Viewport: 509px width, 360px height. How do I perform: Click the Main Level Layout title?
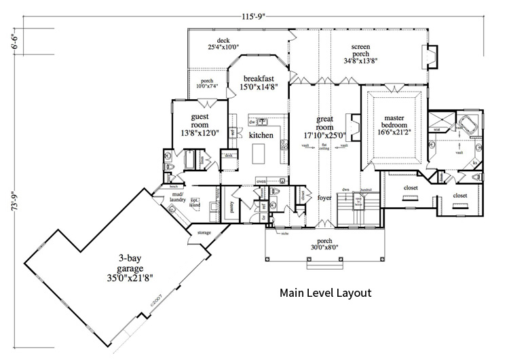[x=326, y=294]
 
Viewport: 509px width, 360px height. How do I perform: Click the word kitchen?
[x=261, y=136]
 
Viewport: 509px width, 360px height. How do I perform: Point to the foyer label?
[x=324, y=198]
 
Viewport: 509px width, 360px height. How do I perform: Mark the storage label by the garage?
[x=204, y=233]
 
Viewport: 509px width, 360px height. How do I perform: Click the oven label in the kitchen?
[x=261, y=181]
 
